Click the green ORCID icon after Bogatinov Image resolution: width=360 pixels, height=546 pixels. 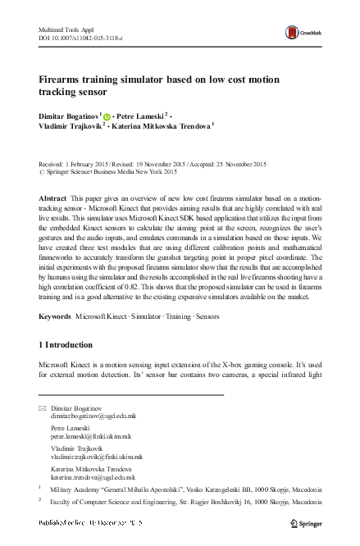click(107, 116)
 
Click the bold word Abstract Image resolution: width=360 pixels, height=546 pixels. click(54, 199)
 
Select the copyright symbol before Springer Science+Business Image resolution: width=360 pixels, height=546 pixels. click(42, 172)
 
